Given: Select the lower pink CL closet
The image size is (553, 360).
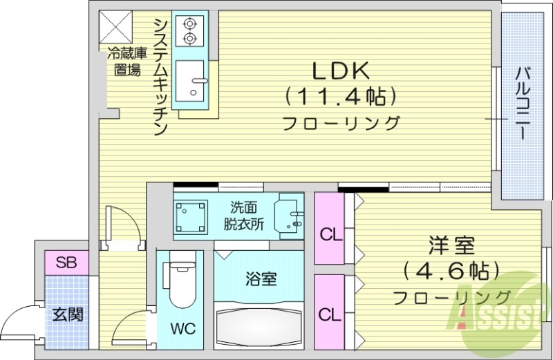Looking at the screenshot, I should tap(330, 314).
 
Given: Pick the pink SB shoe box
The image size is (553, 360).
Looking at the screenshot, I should tap(66, 263).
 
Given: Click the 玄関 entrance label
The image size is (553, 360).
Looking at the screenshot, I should tap(66, 315).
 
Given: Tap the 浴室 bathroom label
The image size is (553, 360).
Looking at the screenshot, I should tap(261, 279).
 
